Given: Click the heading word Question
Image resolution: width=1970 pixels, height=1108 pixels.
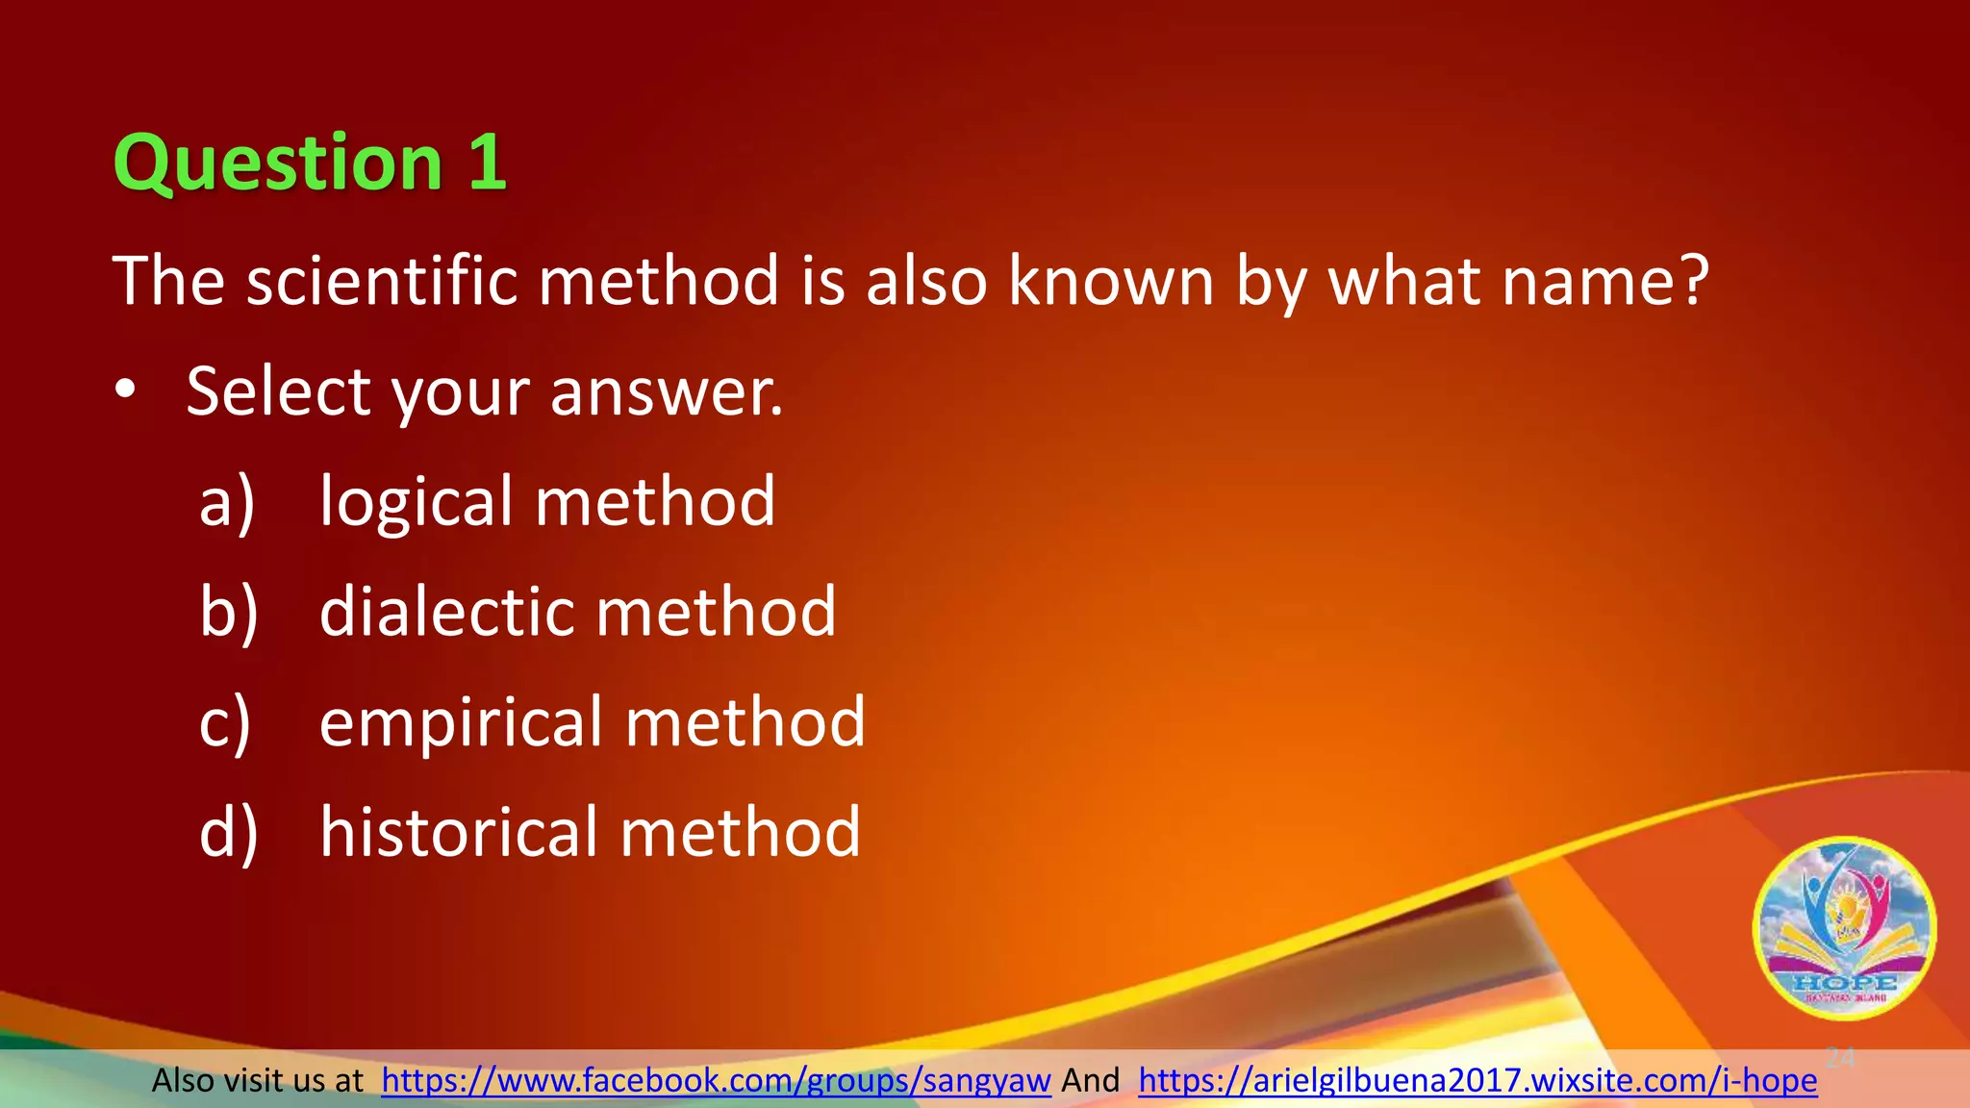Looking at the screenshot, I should point(277,164).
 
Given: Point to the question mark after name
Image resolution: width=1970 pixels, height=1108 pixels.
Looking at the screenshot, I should point(1692,281).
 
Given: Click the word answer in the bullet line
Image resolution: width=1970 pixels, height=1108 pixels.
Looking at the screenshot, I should point(666,392).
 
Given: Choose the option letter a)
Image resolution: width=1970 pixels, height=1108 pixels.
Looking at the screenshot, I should point(227,502).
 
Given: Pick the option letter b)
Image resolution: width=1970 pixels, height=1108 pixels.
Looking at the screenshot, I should point(229,612).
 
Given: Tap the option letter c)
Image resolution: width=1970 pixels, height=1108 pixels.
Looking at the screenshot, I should point(225,722).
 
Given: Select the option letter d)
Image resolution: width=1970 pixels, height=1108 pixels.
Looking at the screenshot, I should point(229,832).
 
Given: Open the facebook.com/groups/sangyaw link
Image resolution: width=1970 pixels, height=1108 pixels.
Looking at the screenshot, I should point(716,1081).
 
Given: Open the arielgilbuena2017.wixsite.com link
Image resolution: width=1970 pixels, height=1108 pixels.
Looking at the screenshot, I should point(1477,1081).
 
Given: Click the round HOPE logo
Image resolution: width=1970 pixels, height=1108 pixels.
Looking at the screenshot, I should point(1844,928).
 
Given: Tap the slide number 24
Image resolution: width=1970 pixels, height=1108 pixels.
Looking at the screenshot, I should point(1840,1058).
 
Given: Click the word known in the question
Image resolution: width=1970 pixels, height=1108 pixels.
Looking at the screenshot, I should point(1111,281).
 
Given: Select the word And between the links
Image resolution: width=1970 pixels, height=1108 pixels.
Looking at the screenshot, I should point(1090,1081).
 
